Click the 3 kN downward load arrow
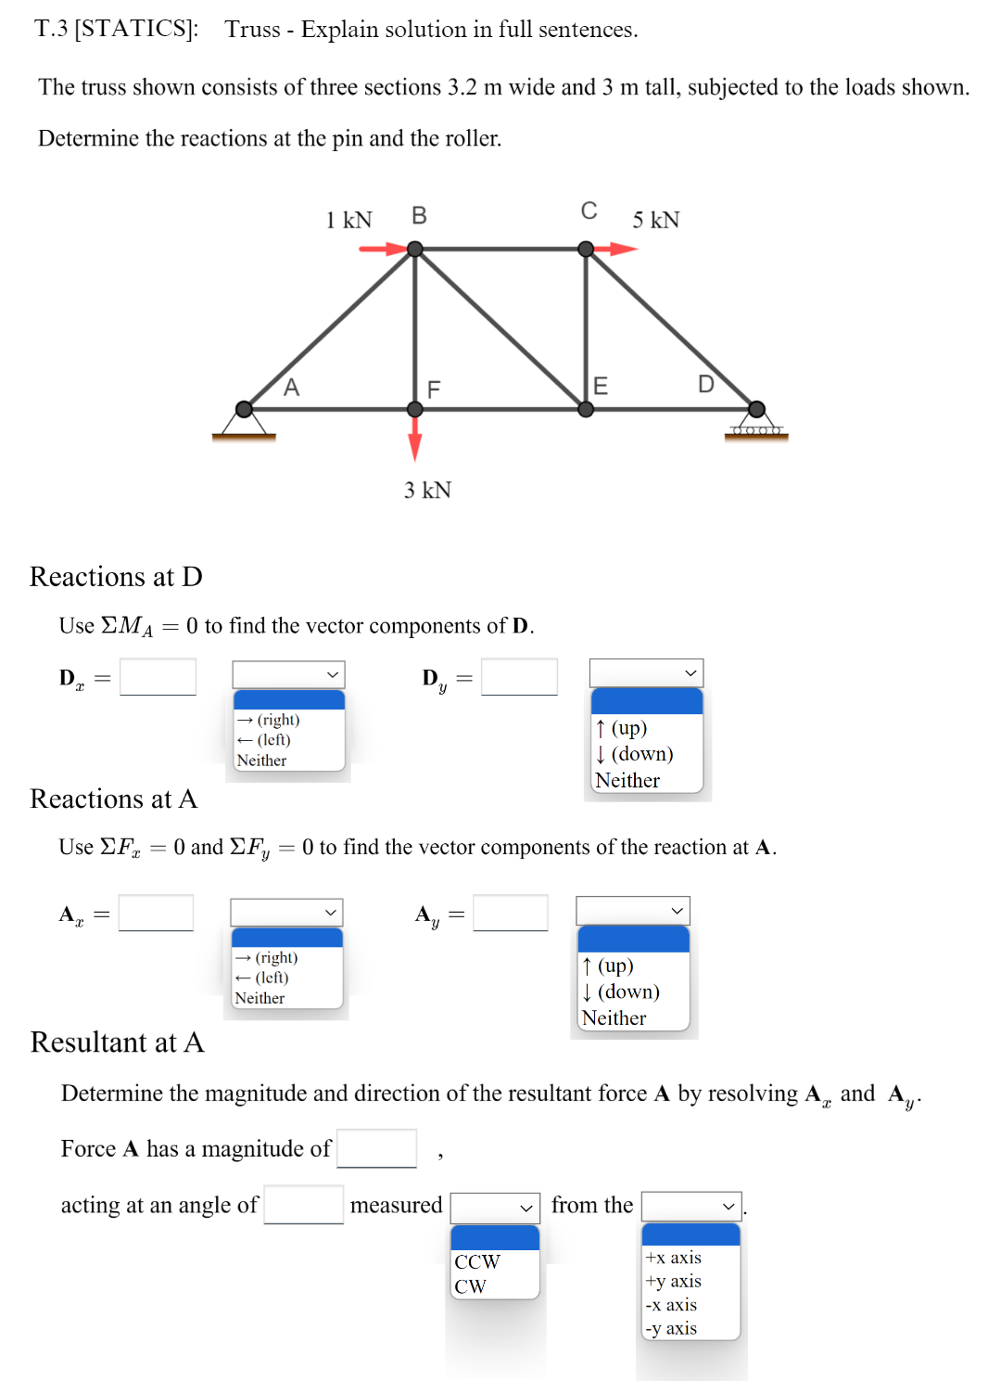(414, 437)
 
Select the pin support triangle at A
(244, 422)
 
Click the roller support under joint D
(756, 429)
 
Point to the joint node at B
(415, 249)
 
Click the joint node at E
(586, 409)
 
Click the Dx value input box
(158, 677)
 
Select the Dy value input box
(519, 677)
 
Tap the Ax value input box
(156, 913)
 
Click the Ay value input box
(510, 913)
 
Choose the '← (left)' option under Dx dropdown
(264, 740)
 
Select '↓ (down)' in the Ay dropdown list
(621, 991)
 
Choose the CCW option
(477, 1261)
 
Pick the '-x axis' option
(672, 1305)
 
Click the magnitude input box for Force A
(376, 1148)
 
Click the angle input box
(303, 1205)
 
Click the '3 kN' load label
(427, 490)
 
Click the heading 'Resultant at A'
(117, 1042)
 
